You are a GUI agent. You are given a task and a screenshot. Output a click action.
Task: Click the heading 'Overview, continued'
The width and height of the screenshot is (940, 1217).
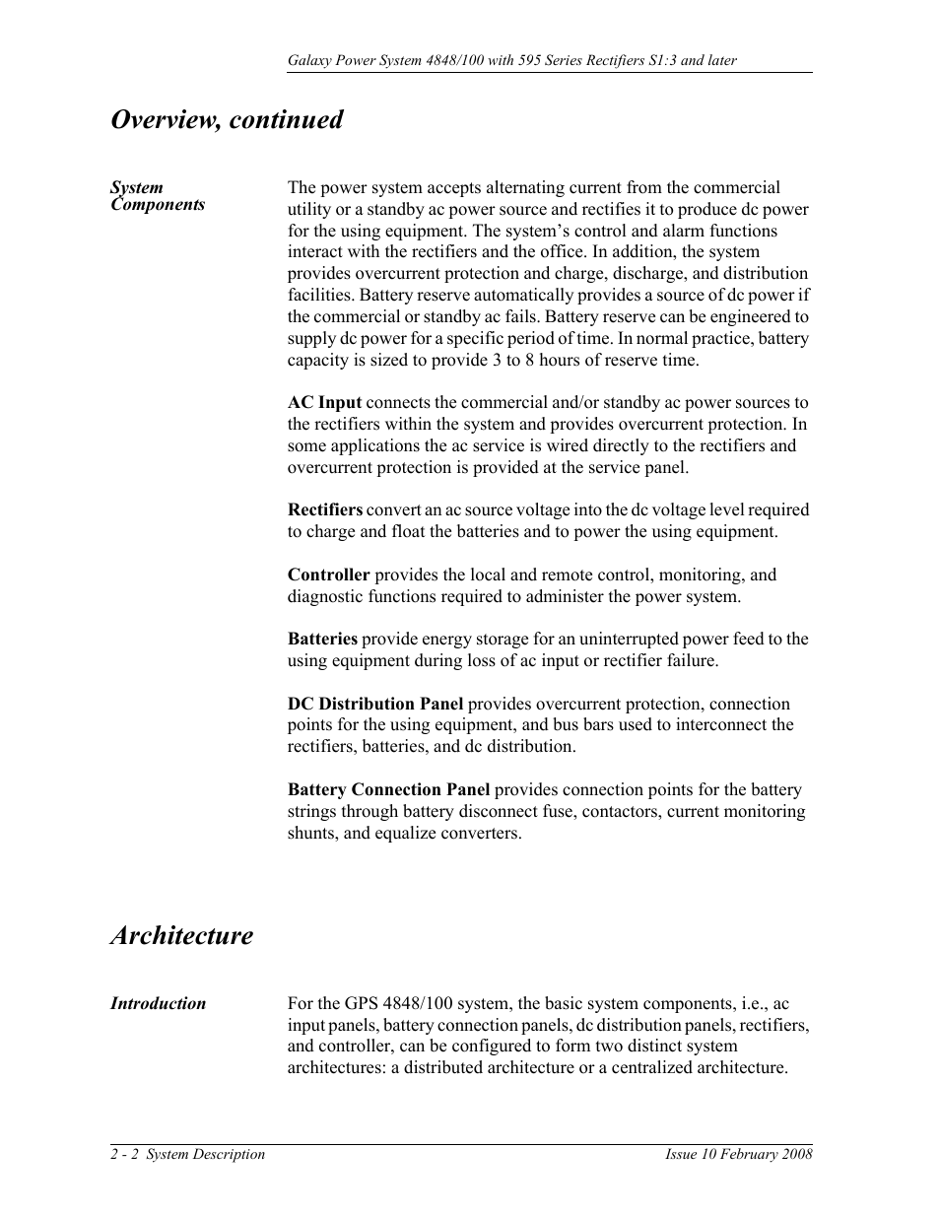228,120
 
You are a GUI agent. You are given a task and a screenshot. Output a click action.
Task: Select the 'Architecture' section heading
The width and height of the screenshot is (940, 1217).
181,935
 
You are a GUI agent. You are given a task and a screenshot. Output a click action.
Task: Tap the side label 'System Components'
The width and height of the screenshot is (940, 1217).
157,196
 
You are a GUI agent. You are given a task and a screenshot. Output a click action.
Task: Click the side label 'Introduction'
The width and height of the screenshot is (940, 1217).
158,1004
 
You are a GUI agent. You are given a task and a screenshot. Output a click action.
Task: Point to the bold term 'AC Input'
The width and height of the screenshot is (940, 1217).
324,402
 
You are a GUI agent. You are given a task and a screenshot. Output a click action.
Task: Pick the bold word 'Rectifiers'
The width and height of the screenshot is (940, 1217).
325,509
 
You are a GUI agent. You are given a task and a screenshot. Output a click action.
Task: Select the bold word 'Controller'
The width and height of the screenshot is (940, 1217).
328,575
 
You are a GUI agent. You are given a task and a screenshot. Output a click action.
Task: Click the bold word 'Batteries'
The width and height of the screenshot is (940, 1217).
322,639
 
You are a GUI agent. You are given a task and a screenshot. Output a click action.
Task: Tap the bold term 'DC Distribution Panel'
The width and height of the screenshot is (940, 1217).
374,704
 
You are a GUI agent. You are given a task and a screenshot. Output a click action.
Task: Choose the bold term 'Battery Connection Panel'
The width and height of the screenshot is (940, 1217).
388,789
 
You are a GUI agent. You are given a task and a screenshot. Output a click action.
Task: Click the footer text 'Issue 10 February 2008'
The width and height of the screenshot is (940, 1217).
738,1155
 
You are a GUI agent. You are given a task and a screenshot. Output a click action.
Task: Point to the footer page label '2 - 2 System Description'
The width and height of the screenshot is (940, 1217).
187,1155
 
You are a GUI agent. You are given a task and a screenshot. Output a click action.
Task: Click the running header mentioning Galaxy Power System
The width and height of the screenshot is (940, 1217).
511,61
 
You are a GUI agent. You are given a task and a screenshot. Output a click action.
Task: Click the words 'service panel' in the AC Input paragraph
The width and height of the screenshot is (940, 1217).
638,467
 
